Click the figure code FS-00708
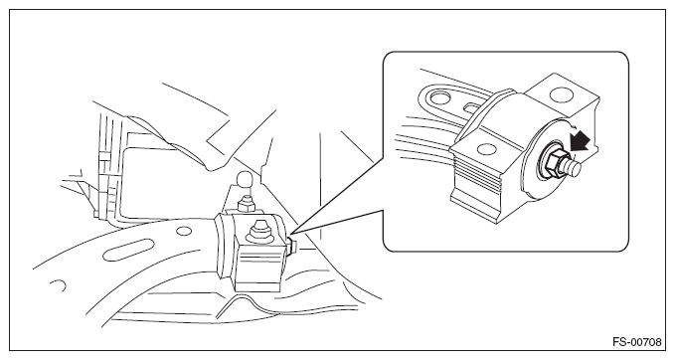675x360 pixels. (637, 342)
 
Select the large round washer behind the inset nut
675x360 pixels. (541, 160)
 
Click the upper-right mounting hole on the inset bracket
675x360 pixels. (562, 94)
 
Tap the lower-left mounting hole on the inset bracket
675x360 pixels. (486, 148)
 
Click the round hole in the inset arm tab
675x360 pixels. (438, 97)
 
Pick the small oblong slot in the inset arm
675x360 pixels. (472, 105)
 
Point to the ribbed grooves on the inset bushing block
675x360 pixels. (477, 177)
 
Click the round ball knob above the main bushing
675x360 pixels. (245, 179)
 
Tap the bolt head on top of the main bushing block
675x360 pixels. (260, 230)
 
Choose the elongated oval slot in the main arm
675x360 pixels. (128, 250)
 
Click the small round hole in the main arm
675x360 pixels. (184, 232)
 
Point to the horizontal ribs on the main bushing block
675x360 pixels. (258, 262)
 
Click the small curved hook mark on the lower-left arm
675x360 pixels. (59, 285)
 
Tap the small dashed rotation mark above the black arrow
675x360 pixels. (574, 125)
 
